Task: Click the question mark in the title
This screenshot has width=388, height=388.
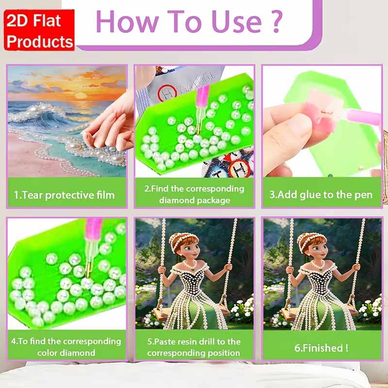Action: (x=277, y=21)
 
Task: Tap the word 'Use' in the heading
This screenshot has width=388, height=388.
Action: (x=237, y=22)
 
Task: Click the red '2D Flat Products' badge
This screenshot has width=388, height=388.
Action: (x=39, y=30)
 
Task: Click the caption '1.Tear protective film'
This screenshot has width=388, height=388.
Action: (x=65, y=195)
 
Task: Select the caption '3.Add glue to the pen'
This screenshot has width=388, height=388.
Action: (x=321, y=195)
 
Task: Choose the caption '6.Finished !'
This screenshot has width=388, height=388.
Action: (x=322, y=348)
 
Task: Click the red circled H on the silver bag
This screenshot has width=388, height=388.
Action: (x=167, y=94)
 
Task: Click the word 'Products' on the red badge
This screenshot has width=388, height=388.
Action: (x=40, y=42)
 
